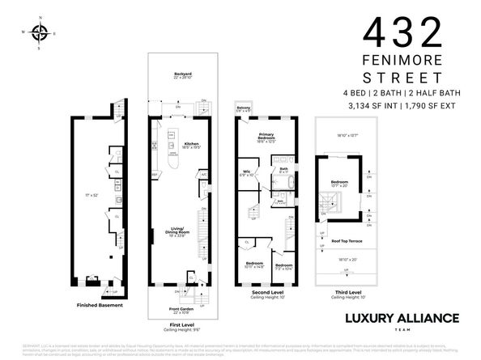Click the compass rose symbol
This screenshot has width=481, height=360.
[x=39, y=33]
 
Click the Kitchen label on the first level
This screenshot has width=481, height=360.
[x=191, y=144]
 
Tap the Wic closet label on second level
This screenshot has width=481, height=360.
[x=248, y=172]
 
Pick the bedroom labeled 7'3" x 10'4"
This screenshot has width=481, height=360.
[x=283, y=266]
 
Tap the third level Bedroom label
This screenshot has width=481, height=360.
[x=339, y=183]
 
